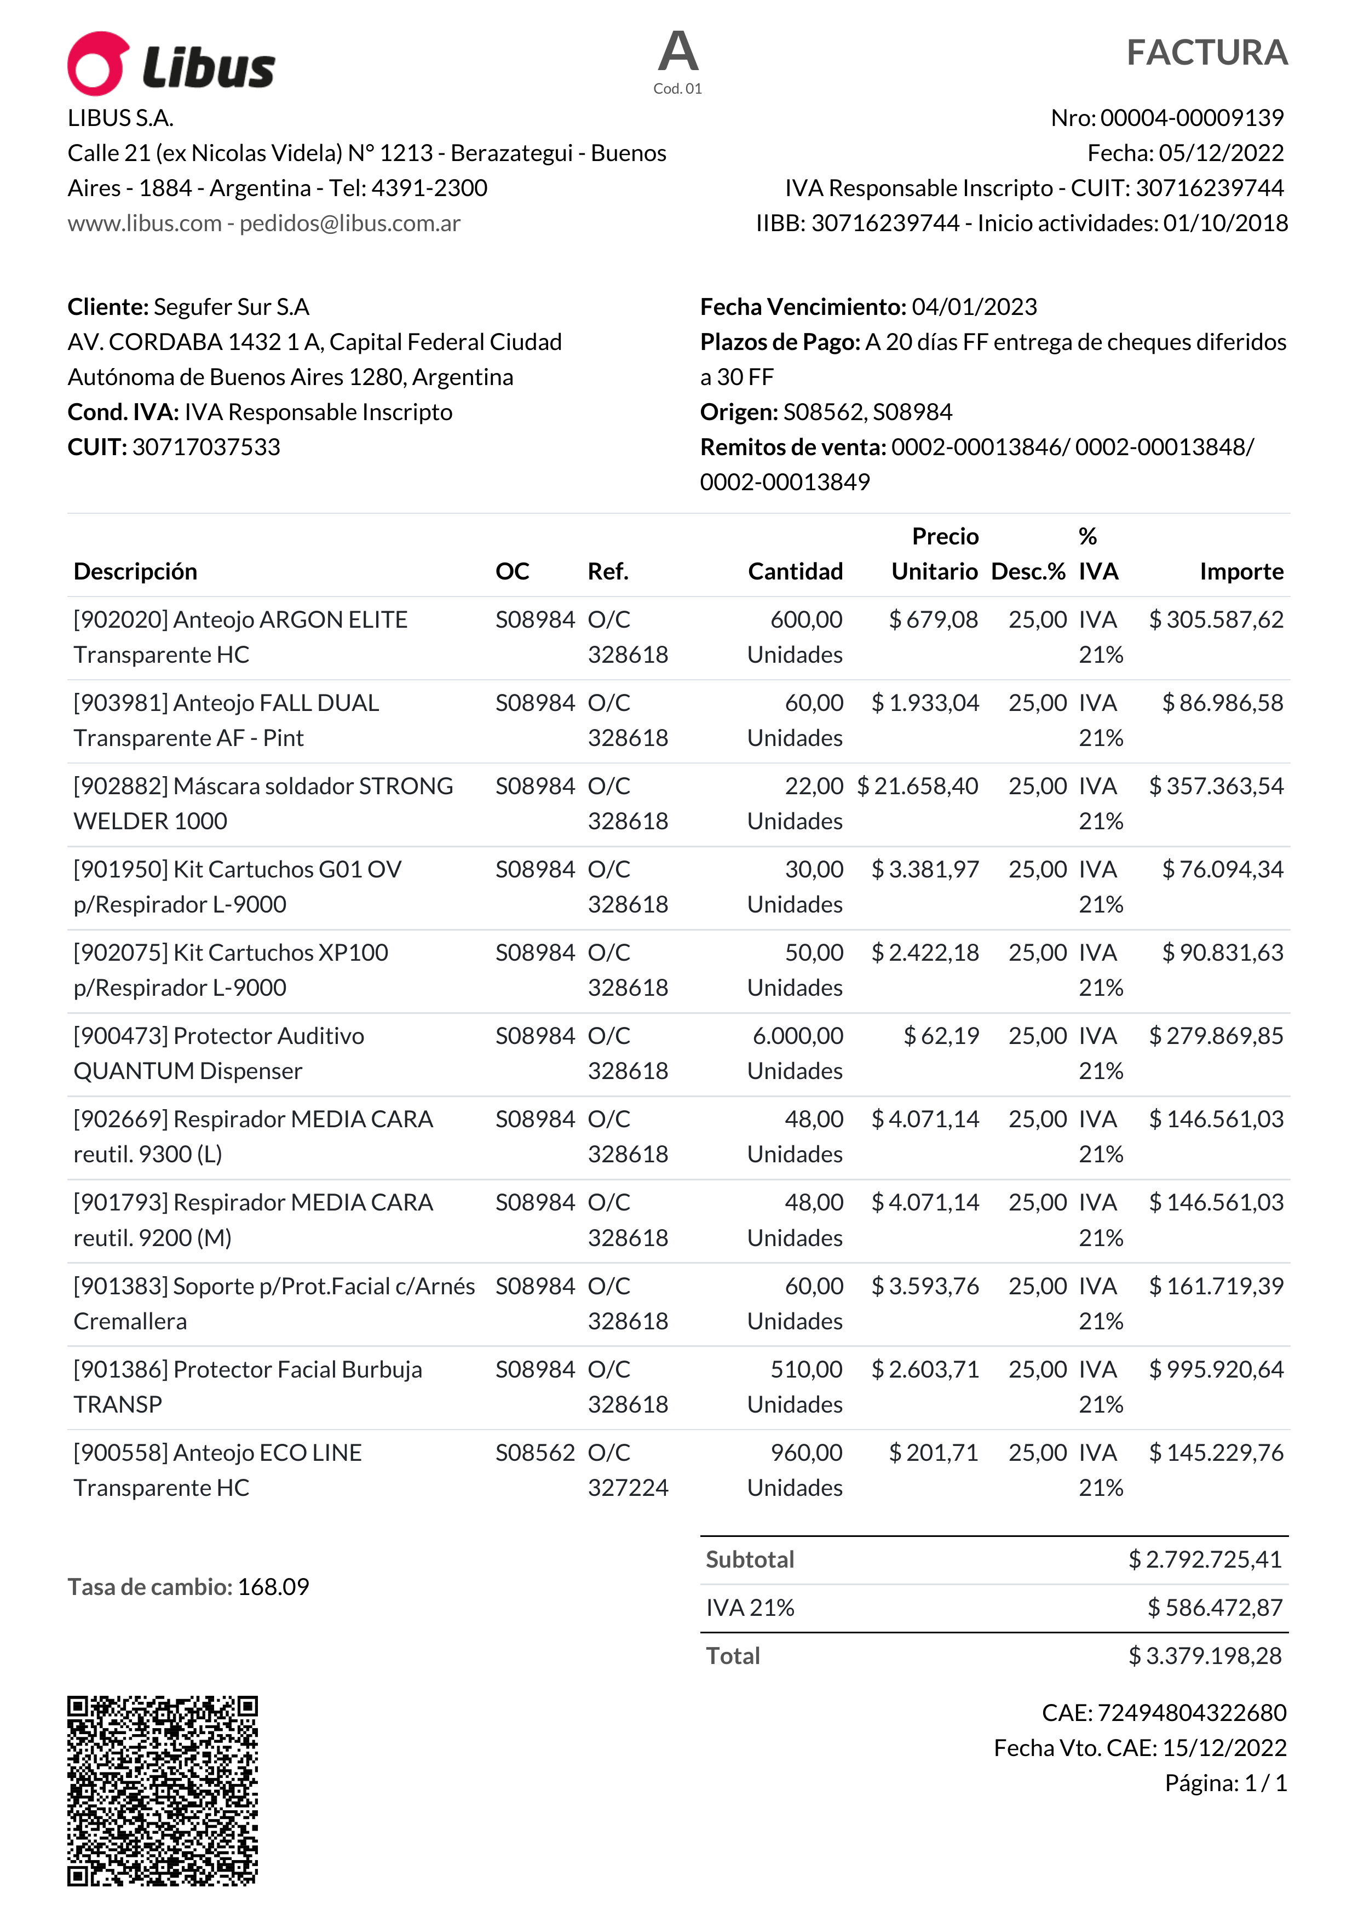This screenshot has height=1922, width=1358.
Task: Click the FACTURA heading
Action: coord(1206,53)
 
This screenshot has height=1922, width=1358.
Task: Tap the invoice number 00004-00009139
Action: coord(1192,118)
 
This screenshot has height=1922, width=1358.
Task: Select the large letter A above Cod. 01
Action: coord(678,52)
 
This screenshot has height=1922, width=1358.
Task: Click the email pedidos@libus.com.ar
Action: coord(350,223)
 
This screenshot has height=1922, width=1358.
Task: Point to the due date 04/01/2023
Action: coord(974,307)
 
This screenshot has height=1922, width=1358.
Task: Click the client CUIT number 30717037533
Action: coord(206,447)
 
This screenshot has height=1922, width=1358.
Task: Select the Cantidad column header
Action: coord(795,572)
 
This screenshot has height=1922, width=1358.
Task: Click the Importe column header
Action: coord(1241,572)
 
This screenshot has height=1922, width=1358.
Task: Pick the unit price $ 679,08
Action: coord(933,620)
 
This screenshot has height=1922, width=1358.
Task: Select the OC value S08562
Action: coord(534,1453)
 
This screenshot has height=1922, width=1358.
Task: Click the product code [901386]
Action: coord(122,1369)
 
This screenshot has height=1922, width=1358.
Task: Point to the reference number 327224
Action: coord(628,1488)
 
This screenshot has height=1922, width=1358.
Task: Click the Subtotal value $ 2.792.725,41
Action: coord(1205,1559)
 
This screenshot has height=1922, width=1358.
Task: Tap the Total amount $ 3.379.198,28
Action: coord(1205,1657)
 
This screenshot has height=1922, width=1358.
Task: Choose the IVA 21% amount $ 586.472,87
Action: coord(1215,1608)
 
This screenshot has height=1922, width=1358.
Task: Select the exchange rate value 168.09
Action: coord(274,1587)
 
